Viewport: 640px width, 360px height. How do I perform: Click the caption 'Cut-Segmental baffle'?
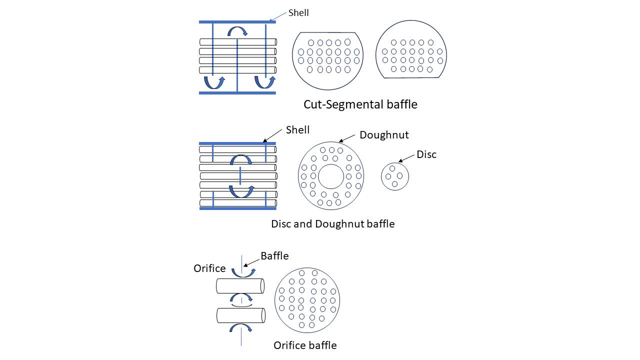360,104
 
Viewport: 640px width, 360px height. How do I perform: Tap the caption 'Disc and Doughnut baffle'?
332,223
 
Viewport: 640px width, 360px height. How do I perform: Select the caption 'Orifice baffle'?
305,345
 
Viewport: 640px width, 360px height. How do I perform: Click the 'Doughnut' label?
384,135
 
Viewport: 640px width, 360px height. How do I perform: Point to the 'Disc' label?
426,154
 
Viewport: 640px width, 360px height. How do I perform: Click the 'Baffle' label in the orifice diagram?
274,256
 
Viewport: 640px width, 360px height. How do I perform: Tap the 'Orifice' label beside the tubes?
209,268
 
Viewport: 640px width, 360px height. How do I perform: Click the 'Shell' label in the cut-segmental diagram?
298,12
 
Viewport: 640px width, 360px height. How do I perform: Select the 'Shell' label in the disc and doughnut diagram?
297,130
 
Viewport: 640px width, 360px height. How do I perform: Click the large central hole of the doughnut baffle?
331,176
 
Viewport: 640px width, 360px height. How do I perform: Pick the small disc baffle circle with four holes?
395,176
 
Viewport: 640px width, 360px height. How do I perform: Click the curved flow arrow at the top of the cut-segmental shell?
237,31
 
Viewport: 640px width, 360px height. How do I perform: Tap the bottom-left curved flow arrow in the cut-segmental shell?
214,82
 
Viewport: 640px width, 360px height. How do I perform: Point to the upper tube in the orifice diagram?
240,286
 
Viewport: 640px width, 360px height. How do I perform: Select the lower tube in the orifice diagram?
240,315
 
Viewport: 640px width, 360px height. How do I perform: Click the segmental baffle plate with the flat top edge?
327,60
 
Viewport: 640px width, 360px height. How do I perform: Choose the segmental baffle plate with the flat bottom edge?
411,49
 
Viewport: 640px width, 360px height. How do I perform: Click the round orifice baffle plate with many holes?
307,300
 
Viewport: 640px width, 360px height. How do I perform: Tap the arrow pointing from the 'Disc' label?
406,158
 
